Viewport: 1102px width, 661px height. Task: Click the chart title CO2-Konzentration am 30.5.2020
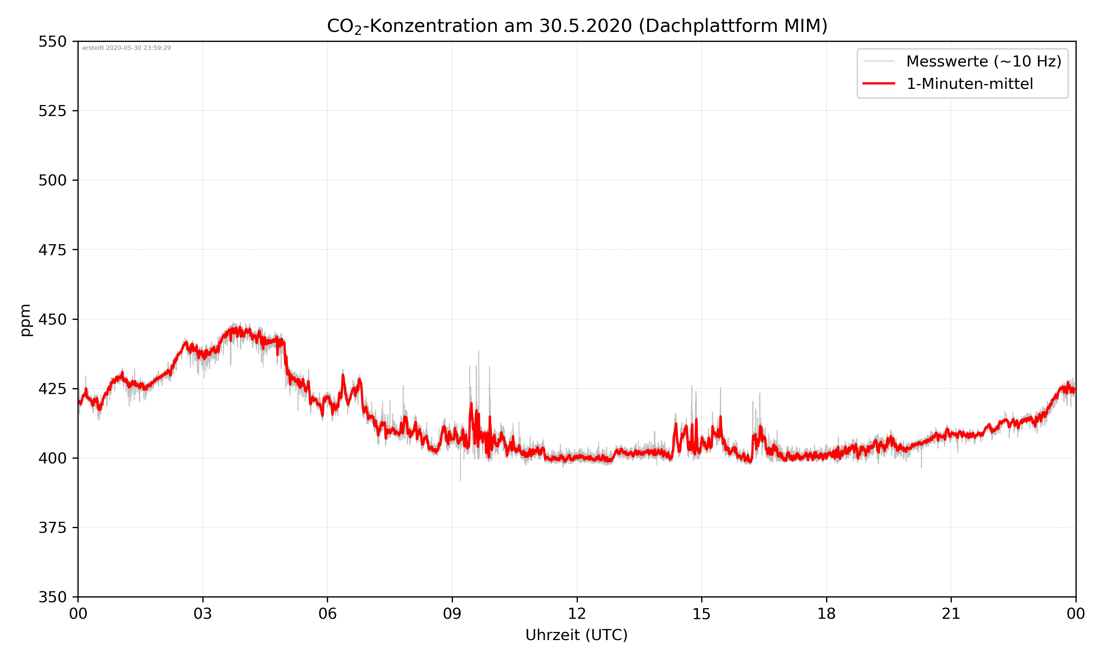click(x=577, y=26)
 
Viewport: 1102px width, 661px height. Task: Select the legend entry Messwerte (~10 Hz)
click(x=983, y=61)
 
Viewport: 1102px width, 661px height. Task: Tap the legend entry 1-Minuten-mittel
click(x=969, y=84)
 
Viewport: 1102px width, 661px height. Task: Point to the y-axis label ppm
click(x=26, y=320)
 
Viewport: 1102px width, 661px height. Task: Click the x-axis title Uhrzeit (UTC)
click(x=576, y=635)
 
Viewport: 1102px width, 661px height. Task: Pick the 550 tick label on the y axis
click(x=52, y=41)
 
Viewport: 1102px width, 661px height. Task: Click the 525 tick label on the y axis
click(x=52, y=111)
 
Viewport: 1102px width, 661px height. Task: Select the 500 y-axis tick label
click(x=52, y=180)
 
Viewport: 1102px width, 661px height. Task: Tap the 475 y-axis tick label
click(x=52, y=250)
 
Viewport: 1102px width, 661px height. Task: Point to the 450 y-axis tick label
click(x=52, y=319)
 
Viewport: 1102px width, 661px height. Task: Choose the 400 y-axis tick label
click(x=52, y=458)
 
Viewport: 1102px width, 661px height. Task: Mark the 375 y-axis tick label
click(x=52, y=528)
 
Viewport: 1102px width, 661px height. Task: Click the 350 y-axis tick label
click(x=52, y=597)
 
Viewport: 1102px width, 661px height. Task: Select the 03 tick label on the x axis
click(x=203, y=614)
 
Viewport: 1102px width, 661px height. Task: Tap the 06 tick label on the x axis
click(x=327, y=614)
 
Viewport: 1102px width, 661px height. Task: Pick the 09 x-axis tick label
click(x=452, y=614)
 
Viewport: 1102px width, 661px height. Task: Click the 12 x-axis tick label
click(x=577, y=614)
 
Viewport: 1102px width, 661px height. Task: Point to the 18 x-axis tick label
click(x=826, y=614)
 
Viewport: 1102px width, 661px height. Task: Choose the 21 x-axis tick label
click(x=951, y=614)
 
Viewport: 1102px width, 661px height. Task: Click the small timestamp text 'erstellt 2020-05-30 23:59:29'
click(x=126, y=48)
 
